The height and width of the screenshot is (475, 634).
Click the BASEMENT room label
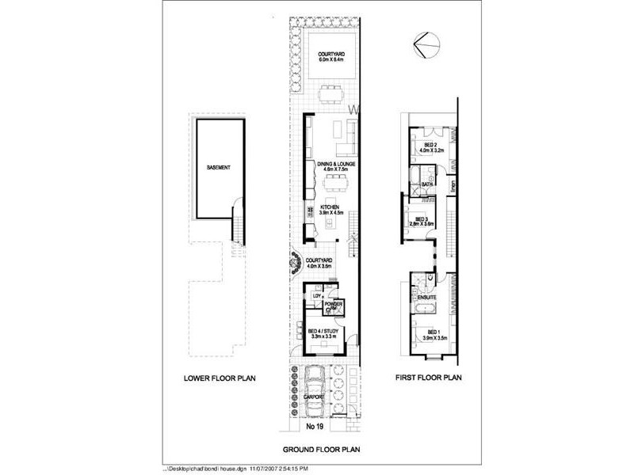point(219,168)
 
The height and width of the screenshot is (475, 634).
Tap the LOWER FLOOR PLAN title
point(220,378)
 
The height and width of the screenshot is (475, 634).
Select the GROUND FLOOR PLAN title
point(322,449)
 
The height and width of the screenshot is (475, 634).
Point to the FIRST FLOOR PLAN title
point(428,378)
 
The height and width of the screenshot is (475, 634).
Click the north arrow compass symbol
point(426,47)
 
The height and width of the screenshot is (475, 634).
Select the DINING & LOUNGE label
point(336,165)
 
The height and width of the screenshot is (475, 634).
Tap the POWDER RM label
point(334,303)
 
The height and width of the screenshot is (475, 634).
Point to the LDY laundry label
point(316,296)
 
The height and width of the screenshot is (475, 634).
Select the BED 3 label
point(427,219)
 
